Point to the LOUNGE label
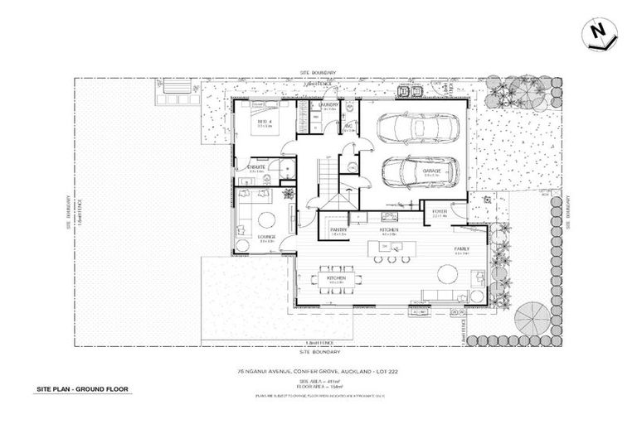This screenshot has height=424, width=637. (x=265, y=236)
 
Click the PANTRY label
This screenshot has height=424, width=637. (x=338, y=229)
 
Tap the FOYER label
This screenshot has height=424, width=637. (x=440, y=211)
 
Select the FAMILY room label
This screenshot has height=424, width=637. (x=462, y=248)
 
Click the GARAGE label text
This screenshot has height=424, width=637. (x=431, y=171)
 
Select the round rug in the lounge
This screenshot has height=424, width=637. (x=268, y=219)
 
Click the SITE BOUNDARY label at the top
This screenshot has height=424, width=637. (x=318, y=73)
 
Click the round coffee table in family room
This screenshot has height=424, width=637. (x=476, y=296)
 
